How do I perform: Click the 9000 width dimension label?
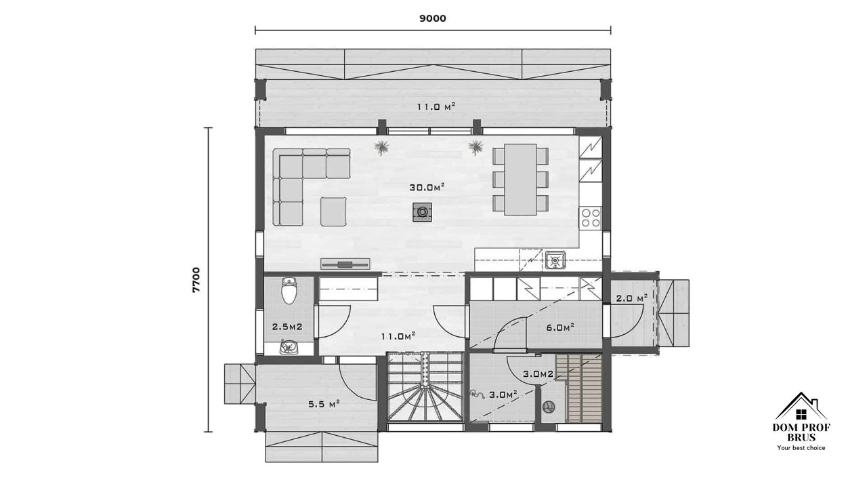pyautogui.click(x=433, y=18)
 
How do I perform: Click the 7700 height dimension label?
pyautogui.click(x=196, y=279)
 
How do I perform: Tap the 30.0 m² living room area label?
pyautogui.click(x=427, y=188)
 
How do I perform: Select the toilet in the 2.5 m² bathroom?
pyautogui.click(x=289, y=290)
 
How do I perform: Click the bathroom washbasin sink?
pyautogui.click(x=289, y=346)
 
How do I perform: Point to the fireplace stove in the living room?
pyautogui.click(x=422, y=212)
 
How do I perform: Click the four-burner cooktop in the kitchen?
pyautogui.click(x=591, y=218)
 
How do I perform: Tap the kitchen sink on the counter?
pyautogui.click(x=555, y=260)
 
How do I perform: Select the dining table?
pyautogui.click(x=520, y=180)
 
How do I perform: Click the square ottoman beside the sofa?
pyautogui.click(x=333, y=211)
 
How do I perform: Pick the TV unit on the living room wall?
pyautogui.click(x=345, y=264)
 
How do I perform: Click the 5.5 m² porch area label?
pyautogui.click(x=324, y=405)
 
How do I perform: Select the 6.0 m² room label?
pyautogui.click(x=560, y=327)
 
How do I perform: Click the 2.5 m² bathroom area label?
pyautogui.click(x=287, y=327)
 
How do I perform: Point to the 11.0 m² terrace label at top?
pyautogui.click(x=436, y=107)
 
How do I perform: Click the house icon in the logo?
pyautogui.click(x=801, y=406)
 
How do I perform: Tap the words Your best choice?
pyautogui.click(x=801, y=448)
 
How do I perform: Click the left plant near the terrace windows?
pyautogui.click(x=381, y=148)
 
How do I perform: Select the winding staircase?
pyautogui.click(x=425, y=387)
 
